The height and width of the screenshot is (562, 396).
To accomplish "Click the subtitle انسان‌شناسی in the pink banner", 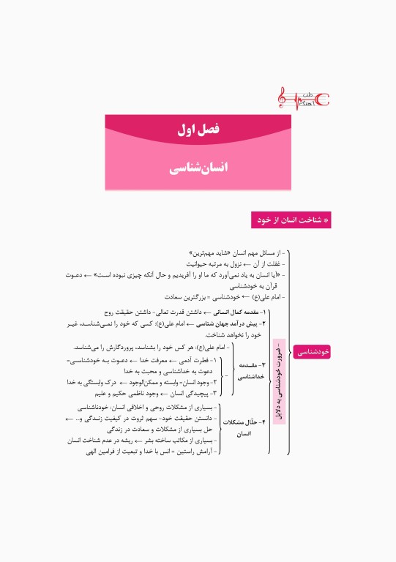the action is click(198, 168).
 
